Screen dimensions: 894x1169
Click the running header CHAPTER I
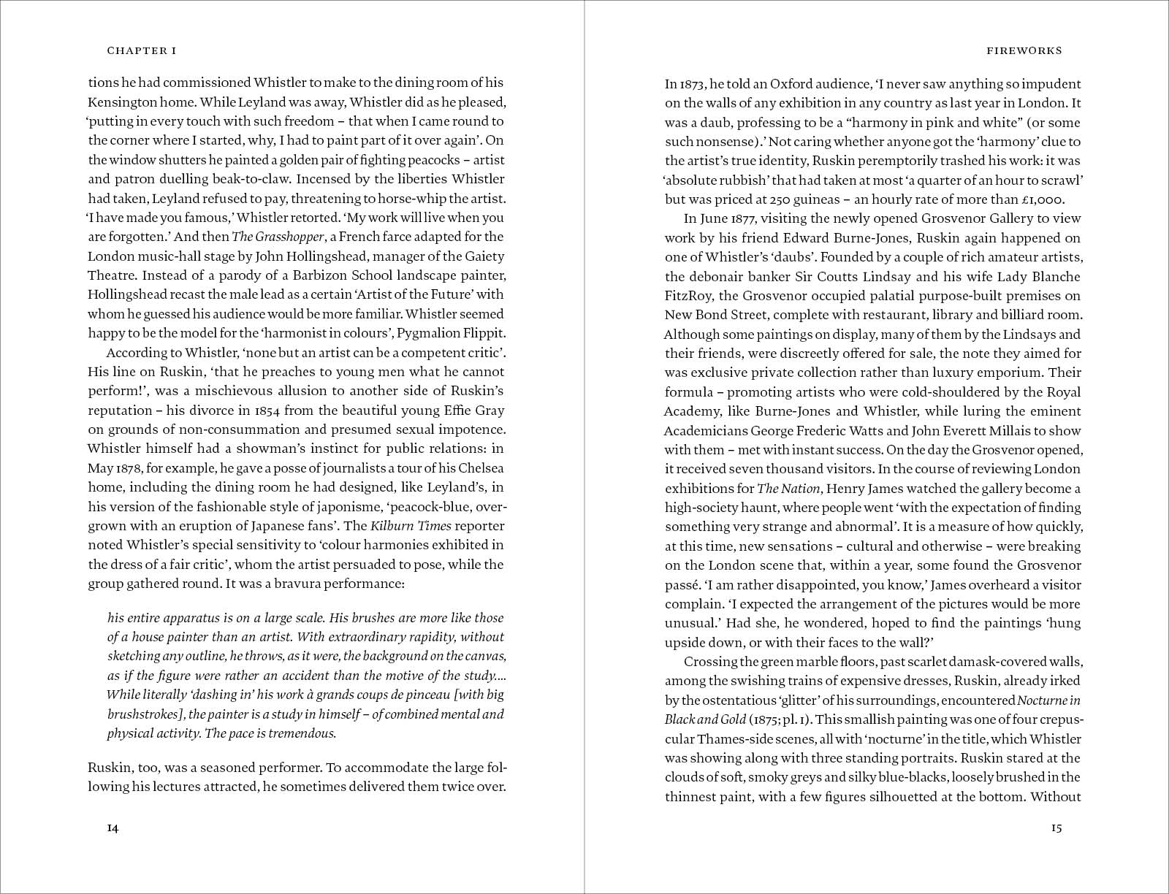coord(142,50)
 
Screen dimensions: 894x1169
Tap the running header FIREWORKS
coord(1024,50)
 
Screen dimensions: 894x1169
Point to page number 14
coord(113,828)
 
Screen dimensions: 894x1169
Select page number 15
coord(1056,828)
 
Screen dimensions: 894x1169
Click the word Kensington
coord(121,102)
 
